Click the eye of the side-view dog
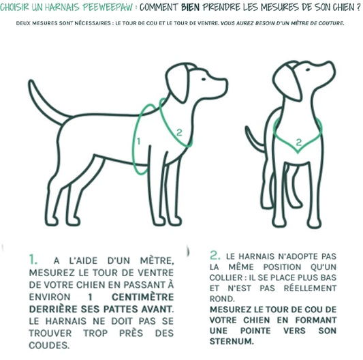coord(204,79)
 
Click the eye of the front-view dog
coord(308,70)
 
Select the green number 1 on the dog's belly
coord(138,141)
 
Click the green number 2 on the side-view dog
coord(179,132)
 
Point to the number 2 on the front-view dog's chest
coord(299,142)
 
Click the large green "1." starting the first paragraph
coord(33,259)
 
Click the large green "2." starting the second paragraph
coord(215,255)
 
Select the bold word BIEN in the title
coord(190,7)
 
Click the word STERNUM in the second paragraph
coord(232,342)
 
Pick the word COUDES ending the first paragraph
coord(49,346)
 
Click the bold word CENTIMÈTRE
coord(142,297)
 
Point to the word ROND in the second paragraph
coord(222,299)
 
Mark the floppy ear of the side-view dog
coord(178,83)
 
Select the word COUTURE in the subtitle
coord(331,23)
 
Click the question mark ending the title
coord(358,7)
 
